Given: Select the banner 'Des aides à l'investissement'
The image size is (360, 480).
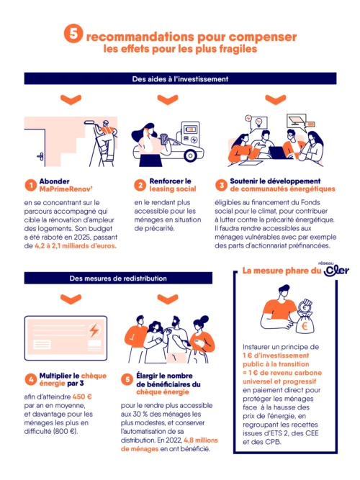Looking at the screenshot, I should click(x=180, y=78).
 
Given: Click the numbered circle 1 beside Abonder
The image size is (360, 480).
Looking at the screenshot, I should click(x=31, y=184).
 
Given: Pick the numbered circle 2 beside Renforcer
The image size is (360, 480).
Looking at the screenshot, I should click(x=140, y=184).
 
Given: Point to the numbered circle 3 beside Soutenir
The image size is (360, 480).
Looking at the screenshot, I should click(x=221, y=184).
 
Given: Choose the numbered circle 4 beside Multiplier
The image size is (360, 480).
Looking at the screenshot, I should click(x=31, y=379).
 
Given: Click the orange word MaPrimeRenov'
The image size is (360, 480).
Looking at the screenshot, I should click(x=66, y=189).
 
